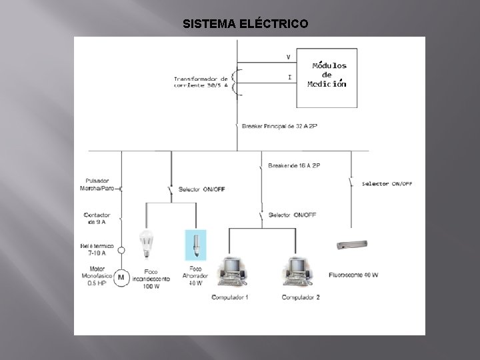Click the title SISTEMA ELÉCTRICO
[x=245, y=24]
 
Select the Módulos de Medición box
[x=327, y=77]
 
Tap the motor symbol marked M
[x=121, y=277]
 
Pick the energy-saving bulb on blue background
[x=195, y=245]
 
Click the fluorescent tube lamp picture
[x=353, y=246]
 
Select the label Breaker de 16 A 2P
[x=294, y=165]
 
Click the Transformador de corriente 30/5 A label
[x=201, y=81]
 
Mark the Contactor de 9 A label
[x=97, y=218]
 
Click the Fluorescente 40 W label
[x=353, y=274]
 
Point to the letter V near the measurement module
[x=288, y=55]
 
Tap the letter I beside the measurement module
[x=289, y=77]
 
